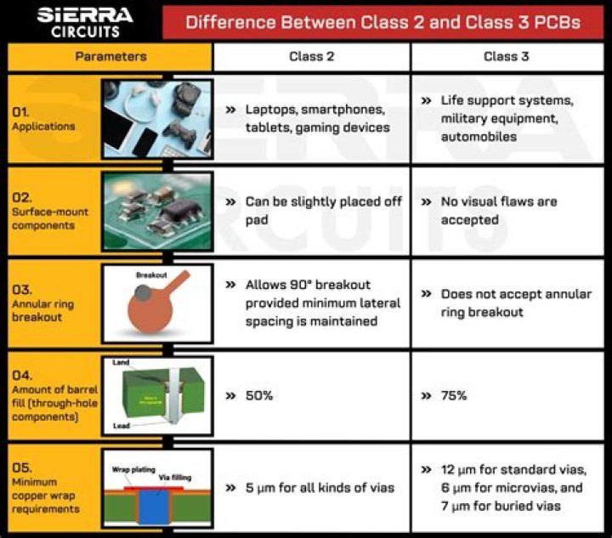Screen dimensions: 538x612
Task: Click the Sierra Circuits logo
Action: tap(83, 21)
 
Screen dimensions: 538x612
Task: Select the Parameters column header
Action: tap(110, 57)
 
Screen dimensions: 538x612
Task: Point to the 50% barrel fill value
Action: tap(260, 396)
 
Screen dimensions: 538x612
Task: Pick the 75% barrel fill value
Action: tap(455, 396)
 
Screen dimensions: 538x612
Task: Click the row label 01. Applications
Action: tap(42, 119)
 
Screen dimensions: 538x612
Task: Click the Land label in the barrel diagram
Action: tap(121, 363)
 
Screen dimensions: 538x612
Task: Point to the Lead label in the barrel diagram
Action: tap(122, 425)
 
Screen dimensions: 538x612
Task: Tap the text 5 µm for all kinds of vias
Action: tap(320, 487)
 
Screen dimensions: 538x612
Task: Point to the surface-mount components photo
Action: tap(157, 211)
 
